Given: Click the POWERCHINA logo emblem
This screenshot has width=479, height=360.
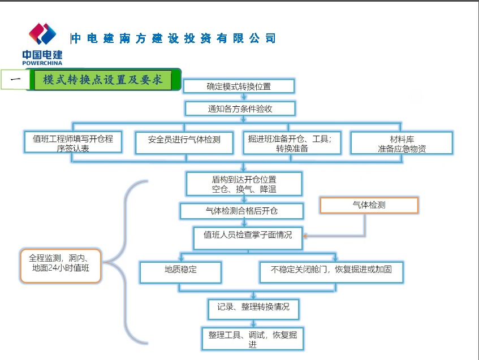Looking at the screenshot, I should (x=43, y=34).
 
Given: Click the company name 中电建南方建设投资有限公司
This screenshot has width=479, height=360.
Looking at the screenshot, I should (x=174, y=38).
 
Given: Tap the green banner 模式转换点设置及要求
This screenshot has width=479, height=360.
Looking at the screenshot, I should (x=103, y=80).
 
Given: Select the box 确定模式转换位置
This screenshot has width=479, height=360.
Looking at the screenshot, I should (x=239, y=86).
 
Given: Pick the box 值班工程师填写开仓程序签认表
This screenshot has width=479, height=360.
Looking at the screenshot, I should (x=74, y=142).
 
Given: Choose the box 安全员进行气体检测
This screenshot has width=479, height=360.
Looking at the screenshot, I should (x=184, y=142).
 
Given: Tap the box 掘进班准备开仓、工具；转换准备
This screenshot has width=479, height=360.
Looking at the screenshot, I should (x=292, y=143).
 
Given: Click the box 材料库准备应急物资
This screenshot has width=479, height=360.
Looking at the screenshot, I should (x=402, y=143).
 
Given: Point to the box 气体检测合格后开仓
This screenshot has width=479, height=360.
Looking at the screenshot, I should (x=242, y=211).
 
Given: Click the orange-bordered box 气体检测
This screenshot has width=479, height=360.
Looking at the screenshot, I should (x=369, y=205).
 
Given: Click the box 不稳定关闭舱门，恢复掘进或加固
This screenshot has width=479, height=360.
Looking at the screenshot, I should (x=332, y=270).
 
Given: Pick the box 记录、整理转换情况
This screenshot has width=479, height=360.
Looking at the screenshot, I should (x=253, y=308).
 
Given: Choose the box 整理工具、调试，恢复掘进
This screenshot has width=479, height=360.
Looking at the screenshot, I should (x=253, y=339).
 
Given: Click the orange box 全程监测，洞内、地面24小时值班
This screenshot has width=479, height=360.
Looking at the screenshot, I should (x=60, y=264).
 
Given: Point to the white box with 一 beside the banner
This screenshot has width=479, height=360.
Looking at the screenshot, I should (x=15, y=80).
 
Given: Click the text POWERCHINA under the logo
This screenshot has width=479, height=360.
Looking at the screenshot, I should (x=42, y=63).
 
